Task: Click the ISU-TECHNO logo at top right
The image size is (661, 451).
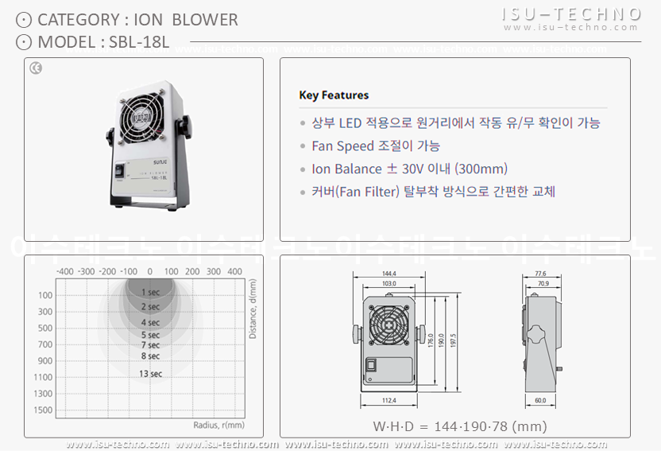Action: point(571,14)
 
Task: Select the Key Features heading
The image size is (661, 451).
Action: point(334,95)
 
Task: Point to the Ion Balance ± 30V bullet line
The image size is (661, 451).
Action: point(409,169)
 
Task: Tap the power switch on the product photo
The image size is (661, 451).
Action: point(120,169)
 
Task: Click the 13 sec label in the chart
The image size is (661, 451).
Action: point(150,374)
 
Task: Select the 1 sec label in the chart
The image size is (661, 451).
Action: point(150,293)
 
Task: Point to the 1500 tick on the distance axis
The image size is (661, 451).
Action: point(44,410)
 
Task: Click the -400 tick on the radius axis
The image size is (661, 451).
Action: point(65,271)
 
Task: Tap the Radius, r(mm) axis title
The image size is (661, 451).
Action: point(218,425)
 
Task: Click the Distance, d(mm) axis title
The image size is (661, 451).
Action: point(253,309)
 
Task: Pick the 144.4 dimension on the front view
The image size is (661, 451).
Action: point(388,274)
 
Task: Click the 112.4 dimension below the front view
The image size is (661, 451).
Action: point(388,400)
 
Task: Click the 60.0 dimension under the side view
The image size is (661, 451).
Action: point(539,400)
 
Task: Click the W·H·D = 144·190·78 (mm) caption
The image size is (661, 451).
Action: point(460,426)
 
